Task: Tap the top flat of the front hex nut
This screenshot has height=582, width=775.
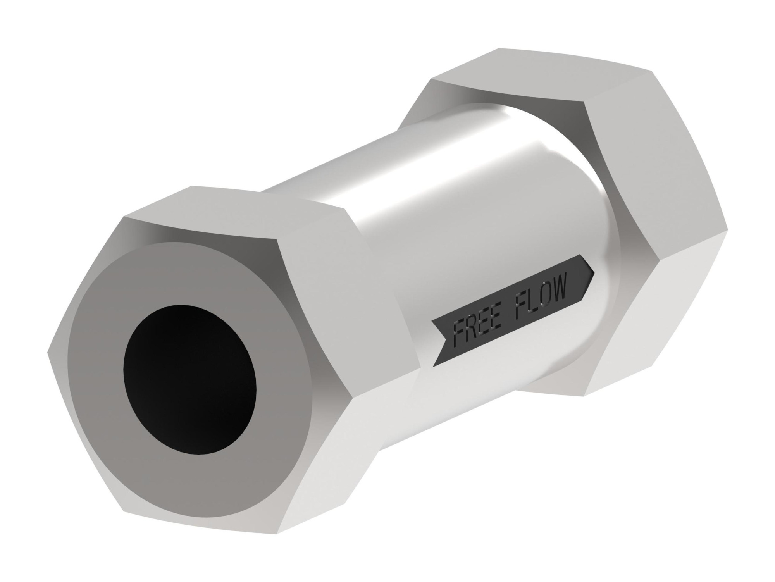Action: (232, 213)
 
